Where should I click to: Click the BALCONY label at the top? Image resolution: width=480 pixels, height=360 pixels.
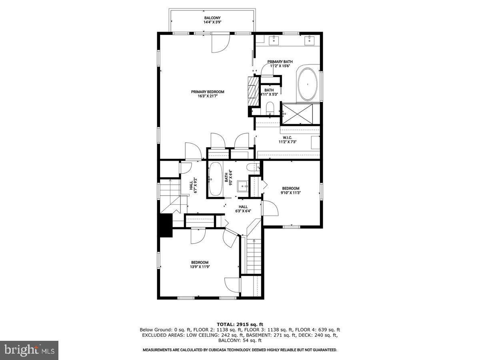[212, 18]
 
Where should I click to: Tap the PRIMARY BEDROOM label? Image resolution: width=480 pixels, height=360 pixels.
[208, 92]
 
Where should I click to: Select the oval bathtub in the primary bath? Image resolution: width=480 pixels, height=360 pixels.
[307, 84]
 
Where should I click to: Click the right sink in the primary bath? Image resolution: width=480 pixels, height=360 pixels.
[310, 40]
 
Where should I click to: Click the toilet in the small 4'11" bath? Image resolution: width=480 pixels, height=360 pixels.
[270, 108]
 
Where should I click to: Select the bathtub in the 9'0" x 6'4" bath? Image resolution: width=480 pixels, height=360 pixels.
[215, 179]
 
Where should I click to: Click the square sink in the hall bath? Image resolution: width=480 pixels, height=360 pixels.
[242, 186]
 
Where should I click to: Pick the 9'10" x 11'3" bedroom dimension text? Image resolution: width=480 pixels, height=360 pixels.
[290, 192]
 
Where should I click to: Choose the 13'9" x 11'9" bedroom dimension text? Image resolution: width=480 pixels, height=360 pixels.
[200, 267]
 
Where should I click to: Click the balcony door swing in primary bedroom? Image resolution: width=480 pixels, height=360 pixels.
[220, 44]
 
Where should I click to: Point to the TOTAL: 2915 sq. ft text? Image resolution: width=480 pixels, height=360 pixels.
[240, 324]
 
